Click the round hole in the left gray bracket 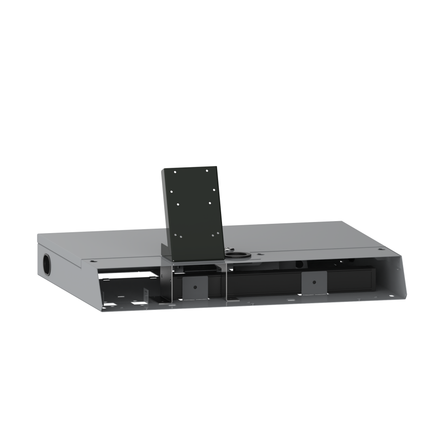pos(194,286)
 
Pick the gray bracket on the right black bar pos(314,282)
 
